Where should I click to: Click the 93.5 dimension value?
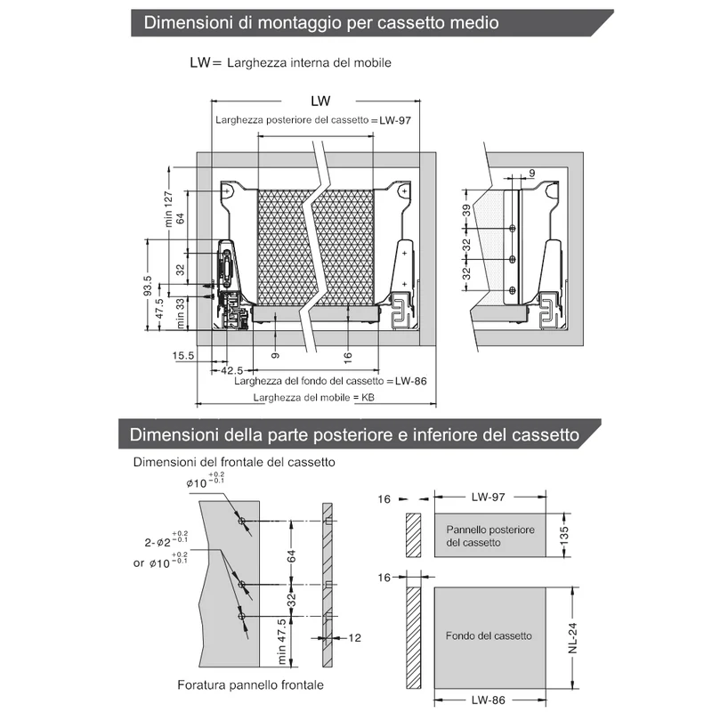click(148, 286)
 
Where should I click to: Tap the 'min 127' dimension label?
click(168, 209)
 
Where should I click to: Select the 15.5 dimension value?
click(183, 355)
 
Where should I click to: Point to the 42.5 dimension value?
click(232, 370)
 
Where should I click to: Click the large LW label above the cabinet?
click(320, 101)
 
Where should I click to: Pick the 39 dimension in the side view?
click(466, 211)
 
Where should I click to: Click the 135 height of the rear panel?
click(564, 536)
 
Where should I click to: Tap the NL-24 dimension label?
click(572, 638)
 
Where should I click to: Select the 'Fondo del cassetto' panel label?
click(489, 635)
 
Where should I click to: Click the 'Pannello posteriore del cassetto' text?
click(490, 536)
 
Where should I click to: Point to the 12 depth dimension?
click(354, 638)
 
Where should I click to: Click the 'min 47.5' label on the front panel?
click(281, 641)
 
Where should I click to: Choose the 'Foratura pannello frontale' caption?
click(251, 684)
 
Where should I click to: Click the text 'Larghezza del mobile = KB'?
click(314, 397)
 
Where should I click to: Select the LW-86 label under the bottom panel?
click(488, 700)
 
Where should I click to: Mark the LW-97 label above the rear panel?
click(488, 497)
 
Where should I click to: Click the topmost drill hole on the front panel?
click(241, 521)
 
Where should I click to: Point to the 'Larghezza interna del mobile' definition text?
click(309, 62)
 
